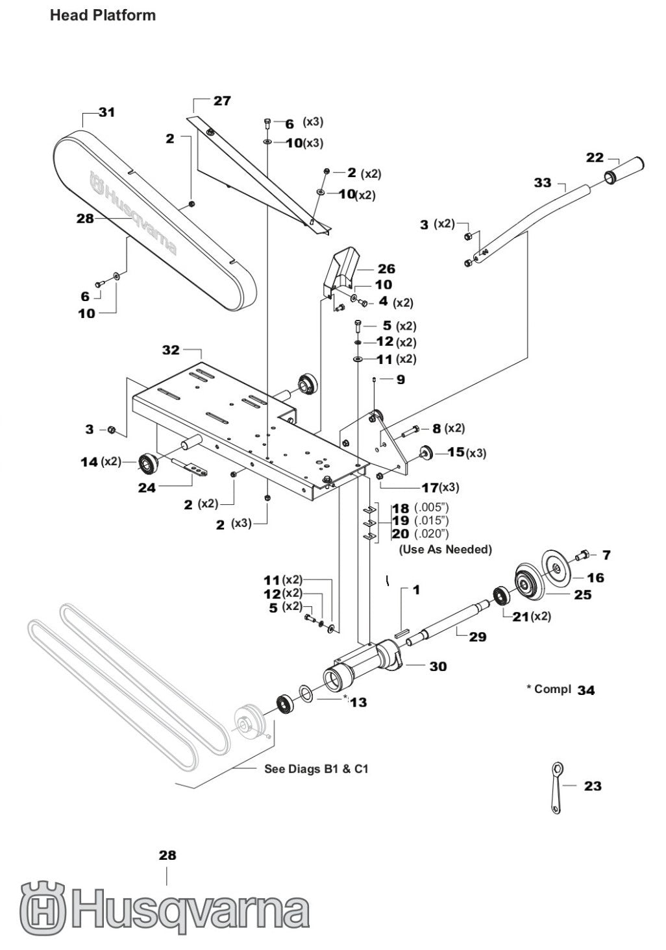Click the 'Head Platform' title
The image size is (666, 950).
[103, 15]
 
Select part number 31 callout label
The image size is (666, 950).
[107, 112]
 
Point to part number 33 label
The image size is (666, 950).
[543, 183]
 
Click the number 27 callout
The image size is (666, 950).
[222, 101]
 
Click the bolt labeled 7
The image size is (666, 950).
[582, 555]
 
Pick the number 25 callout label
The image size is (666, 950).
[583, 594]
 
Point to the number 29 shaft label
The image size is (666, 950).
[478, 637]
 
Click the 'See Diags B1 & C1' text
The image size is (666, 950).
[316, 769]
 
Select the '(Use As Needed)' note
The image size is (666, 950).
[445, 550]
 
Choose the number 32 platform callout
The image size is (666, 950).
[171, 350]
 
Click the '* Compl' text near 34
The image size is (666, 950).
[549, 688]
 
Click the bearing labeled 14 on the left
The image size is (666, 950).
[149, 462]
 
